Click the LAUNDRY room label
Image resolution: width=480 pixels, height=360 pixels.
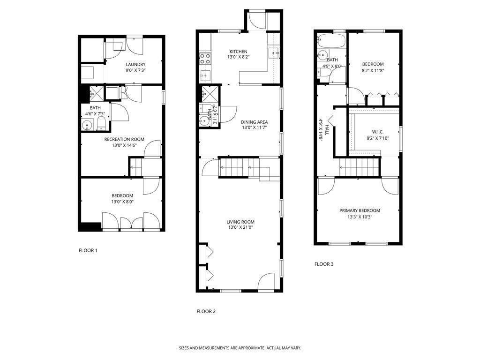pyautogui.click(x=135, y=64)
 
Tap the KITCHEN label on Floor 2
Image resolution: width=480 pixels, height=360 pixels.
pyautogui.click(x=239, y=52)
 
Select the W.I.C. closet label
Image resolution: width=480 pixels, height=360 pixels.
pyautogui.click(x=378, y=132)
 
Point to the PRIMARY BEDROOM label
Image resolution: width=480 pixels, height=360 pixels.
pyautogui.click(x=360, y=210)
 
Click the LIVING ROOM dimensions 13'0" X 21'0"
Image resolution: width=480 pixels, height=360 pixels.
pyautogui.click(x=240, y=227)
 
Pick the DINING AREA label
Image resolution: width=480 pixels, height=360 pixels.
pyautogui.click(x=255, y=122)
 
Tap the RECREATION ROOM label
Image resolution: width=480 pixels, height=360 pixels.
pyautogui.click(x=124, y=139)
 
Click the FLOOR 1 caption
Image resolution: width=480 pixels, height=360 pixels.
pyautogui.click(x=88, y=250)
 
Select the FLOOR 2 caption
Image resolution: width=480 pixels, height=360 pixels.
pyautogui.click(x=206, y=311)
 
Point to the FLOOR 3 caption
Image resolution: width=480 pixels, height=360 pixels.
pyautogui.click(x=324, y=264)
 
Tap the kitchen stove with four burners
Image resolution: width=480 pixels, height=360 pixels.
pyautogui.click(x=205, y=59)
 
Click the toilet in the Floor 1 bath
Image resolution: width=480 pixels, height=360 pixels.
pyautogui.click(x=101, y=124)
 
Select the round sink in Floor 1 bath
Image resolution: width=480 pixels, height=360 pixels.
pyautogui.click(x=87, y=125)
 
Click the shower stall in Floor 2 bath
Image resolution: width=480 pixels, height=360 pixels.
pyautogui.click(x=210, y=94)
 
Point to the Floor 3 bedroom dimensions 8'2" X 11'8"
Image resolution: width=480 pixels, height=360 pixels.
pyautogui.click(x=373, y=70)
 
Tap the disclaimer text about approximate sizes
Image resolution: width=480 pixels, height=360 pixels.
pyautogui.click(x=240, y=348)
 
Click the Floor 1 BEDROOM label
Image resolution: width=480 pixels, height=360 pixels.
pyautogui.click(x=122, y=195)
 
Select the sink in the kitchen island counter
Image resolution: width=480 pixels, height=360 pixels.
pyautogui.click(x=273, y=53)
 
